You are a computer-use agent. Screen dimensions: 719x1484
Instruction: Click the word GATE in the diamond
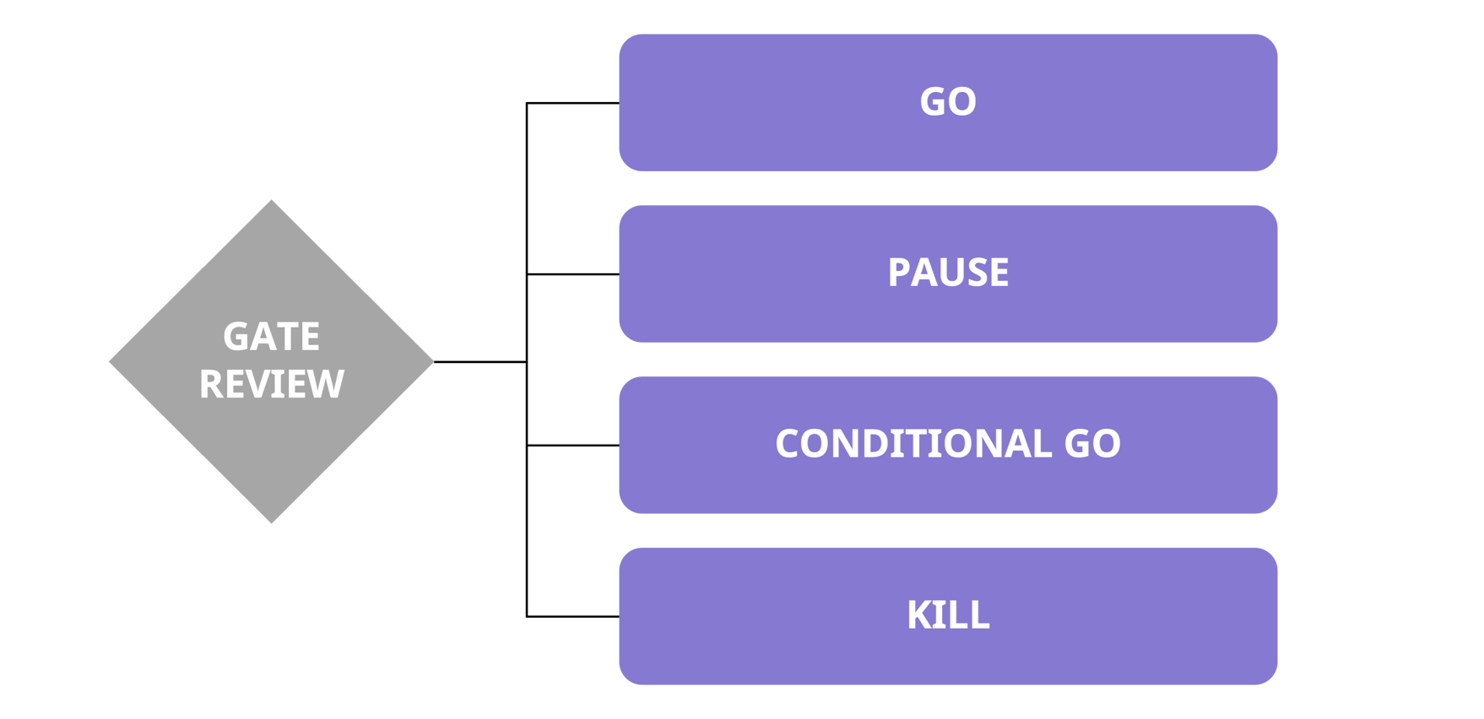pos(271,337)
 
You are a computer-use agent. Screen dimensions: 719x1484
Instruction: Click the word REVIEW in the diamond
pos(271,384)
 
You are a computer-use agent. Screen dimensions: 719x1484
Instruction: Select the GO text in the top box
pos(947,102)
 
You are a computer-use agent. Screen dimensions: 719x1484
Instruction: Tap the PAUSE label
pos(947,273)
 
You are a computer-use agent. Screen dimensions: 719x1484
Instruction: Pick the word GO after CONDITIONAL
pos(1091,444)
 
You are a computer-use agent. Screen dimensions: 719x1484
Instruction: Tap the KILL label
pos(947,615)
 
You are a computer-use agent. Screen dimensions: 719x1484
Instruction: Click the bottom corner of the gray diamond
pos(271,521)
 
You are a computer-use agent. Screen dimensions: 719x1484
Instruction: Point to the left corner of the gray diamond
pos(111,362)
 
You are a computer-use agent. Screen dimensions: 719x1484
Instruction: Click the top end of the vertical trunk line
pos(527,104)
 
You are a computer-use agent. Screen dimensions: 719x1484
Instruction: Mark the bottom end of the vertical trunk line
pos(527,616)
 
